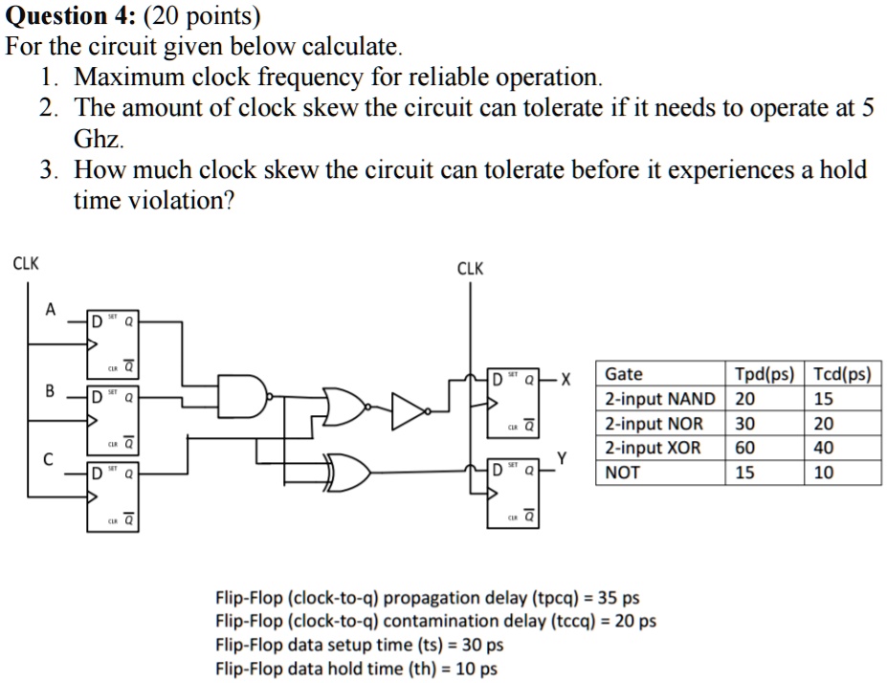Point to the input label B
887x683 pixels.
pyautogui.click(x=51, y=390)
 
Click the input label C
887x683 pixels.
pyautogui.click(x=51, y=458)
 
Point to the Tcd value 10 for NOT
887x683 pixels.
pyautogui.click(x=823, y=473)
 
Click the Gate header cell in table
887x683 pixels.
pyautogui.click(x=624, y=374)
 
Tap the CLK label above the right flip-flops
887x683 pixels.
pyautogui.click(x=471, y=269)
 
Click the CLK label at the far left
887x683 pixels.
pyautogui.click(x=25, y=263)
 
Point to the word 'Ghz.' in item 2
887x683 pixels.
pyautogui.click(x=100, y=139)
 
